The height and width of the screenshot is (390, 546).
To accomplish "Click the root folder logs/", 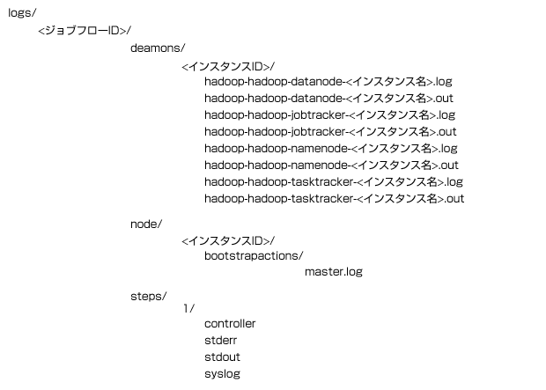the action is coord(22,13).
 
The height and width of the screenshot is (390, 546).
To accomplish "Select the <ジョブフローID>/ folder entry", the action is coord(85,31).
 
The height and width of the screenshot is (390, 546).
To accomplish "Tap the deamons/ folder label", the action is coord(158,48).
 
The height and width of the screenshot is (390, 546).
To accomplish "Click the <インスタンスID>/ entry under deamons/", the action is coord(228,66).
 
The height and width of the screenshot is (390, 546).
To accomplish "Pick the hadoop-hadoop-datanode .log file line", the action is coord(328,82).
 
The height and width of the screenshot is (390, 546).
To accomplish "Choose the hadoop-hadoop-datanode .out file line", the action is coord(328,99).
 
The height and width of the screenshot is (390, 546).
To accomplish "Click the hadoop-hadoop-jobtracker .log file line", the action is coord(329,115).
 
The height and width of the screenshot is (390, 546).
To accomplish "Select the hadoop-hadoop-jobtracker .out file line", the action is coord(330,132).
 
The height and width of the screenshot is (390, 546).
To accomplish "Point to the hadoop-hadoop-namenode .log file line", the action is coord(331,149).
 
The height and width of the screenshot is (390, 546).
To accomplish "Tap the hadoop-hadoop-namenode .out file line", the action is coord(331,166).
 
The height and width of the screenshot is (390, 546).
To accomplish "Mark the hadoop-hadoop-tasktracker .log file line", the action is coord(334,182).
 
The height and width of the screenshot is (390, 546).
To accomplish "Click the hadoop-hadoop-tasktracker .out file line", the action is coord(335,199).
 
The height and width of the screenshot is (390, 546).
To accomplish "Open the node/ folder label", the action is coord(146,224).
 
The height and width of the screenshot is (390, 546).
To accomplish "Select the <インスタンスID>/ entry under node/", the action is coord(228,240).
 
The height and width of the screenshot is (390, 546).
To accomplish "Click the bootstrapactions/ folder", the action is coord(254,256).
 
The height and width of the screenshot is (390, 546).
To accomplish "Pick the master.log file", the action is coord(334,272).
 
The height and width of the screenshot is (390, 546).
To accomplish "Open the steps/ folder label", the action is coord(149,297).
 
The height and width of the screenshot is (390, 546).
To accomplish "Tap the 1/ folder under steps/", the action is coord(189,308).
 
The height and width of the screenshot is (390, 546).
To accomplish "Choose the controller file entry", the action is coord(230,324).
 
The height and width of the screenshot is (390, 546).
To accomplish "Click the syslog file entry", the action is coord(222,374).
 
